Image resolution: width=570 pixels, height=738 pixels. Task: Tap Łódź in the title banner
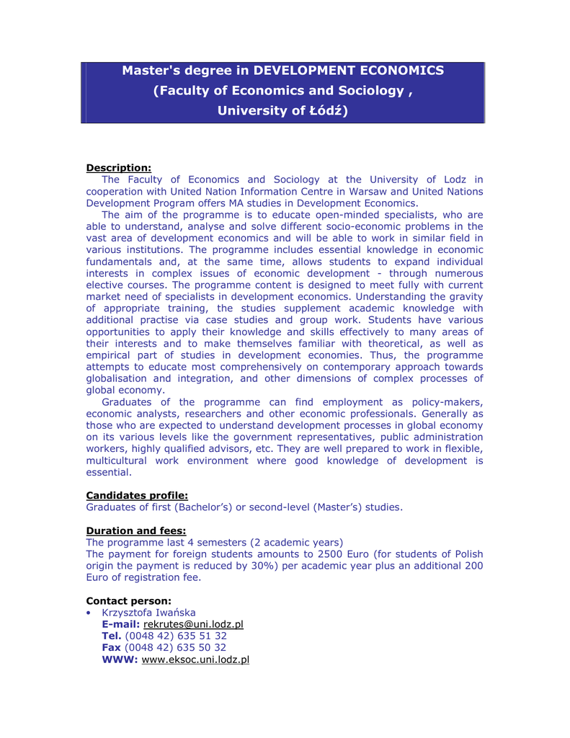click(323, 111)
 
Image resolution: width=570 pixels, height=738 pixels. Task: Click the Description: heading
click(118, 168)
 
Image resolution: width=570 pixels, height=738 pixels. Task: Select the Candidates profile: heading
click(137, 495)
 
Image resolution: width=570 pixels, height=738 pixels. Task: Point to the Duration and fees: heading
click(135, 530)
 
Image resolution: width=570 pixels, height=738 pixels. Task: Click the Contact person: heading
click(129, 600)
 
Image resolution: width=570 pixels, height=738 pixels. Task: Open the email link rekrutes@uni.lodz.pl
click(193, 624)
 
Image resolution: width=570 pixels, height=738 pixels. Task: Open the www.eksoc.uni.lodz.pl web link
click(195, 659)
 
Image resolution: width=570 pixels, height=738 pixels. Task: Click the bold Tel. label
click(112, 636)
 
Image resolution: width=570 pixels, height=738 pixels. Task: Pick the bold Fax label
click(112, 647)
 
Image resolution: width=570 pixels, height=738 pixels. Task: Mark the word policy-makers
click(447, 402)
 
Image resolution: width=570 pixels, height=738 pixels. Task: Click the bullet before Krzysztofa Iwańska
click(89, 613)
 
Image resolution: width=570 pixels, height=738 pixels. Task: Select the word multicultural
click(118, 461)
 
